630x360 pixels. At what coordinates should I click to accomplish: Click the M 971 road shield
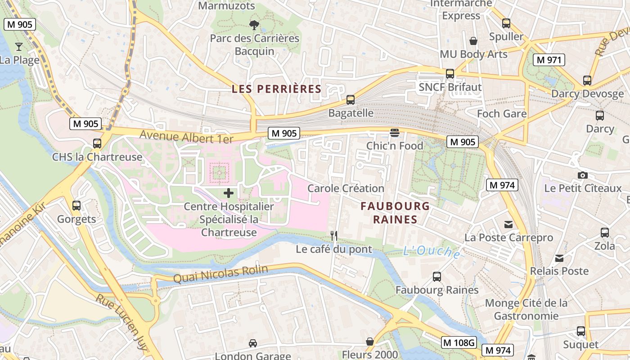pos(549,59)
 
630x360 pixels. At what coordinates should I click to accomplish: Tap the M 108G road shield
pos(459,342)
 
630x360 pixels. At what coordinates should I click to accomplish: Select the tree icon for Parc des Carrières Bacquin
pos(254,25)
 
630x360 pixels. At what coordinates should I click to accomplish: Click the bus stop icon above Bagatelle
pos(351,100)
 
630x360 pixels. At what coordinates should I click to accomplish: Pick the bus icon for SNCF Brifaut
pos(450,74)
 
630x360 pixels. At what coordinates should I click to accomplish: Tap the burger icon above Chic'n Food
pos(395,133)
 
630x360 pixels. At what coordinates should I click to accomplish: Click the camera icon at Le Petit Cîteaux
pos(583,175)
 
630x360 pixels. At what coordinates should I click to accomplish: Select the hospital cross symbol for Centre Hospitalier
pos(229,193)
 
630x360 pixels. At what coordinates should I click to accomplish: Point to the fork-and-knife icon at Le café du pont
pos(334,235)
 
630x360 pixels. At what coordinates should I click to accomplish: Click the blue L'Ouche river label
pos(432,252)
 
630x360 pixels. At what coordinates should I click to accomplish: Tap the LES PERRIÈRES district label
pos(276,89)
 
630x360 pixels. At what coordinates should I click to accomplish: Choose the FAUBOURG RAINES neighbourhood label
pos(395,213)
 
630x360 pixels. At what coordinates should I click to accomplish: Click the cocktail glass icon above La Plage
pos(19,46)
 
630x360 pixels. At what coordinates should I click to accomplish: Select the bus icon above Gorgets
pos(76,206)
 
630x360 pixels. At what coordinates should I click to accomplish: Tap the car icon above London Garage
pos(253,343)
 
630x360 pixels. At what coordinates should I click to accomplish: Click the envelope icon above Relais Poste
pos(559,258)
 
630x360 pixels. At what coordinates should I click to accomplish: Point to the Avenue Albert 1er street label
pos(186,136)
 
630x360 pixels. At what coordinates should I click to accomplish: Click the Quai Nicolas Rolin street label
pos(220,274)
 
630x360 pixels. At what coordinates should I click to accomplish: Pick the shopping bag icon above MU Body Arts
pos(473,41)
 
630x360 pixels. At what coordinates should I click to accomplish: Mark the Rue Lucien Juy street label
pos(121,319)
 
